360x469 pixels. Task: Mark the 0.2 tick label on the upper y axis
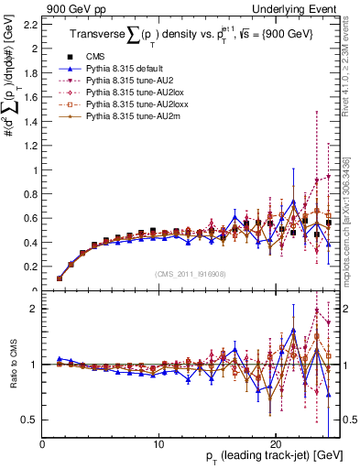pos(31,267)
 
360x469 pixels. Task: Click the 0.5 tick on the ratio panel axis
pos(31,420)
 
